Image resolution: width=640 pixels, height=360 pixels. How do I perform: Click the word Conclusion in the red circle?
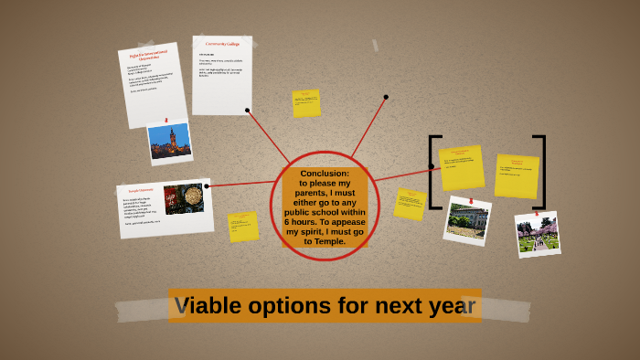[325, 173]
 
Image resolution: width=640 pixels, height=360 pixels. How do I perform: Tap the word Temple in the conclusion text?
[336, 241]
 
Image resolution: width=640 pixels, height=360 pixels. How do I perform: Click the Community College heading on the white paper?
[221, 45]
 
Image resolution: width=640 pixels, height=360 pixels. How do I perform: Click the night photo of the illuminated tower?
[170, 142]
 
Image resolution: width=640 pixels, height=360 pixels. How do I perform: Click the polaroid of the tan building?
[467, 221]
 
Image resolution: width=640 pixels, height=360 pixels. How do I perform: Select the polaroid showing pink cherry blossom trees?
[537, 233]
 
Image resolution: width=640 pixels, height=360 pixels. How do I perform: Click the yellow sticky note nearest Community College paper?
[306, 103]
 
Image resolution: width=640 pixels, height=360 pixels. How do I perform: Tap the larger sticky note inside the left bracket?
[461, 167]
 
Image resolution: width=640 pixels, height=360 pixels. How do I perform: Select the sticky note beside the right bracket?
[517, 175]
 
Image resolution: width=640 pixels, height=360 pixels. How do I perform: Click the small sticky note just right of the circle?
[410, 205]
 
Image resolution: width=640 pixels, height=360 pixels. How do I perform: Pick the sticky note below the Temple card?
[243, 226]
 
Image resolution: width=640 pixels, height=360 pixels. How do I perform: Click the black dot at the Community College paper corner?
[248, 111]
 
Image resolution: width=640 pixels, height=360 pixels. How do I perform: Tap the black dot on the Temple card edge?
[208, 185]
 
